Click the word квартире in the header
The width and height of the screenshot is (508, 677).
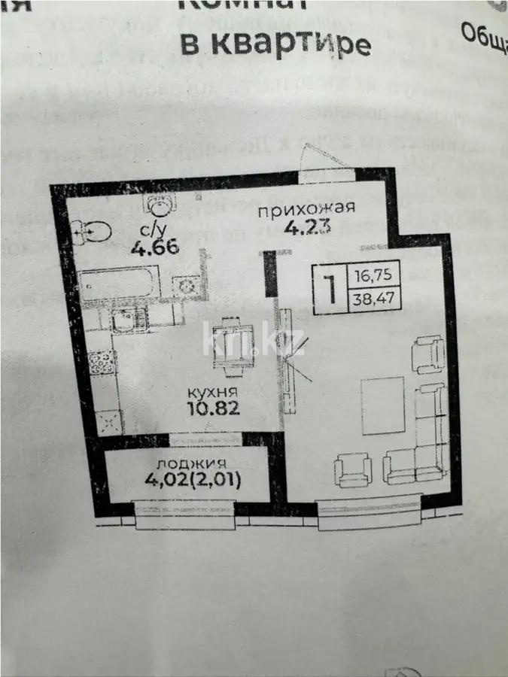(292, 44)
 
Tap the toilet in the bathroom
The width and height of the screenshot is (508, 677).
(92, 232)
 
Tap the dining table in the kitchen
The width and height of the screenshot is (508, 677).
(234, 343)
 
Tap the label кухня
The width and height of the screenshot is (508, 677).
(213, 393)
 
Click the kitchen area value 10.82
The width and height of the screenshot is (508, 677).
(213, 410)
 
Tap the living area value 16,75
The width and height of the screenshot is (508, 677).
(372, 276)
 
